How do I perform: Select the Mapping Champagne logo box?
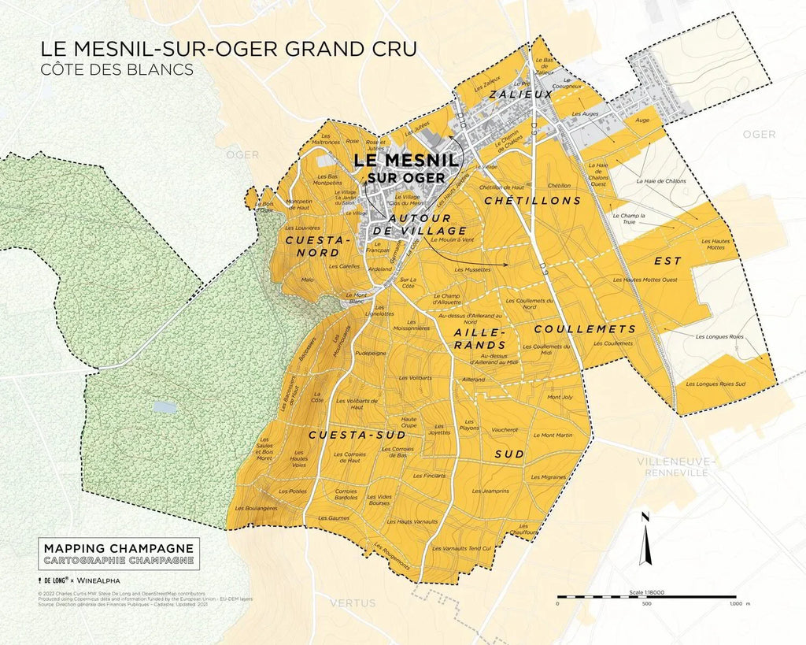pos(118,554)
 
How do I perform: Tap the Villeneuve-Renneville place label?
pos(678,466)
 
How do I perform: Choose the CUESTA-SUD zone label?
pos(346,435)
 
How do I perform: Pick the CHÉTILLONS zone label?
pos(533,201)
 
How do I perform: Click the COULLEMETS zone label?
pos(584,328)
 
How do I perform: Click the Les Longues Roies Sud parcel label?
pos(715,384)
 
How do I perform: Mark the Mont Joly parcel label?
pos(560,397)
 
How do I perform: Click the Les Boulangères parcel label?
pos(257,509)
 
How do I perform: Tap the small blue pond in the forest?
pos(165,407)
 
